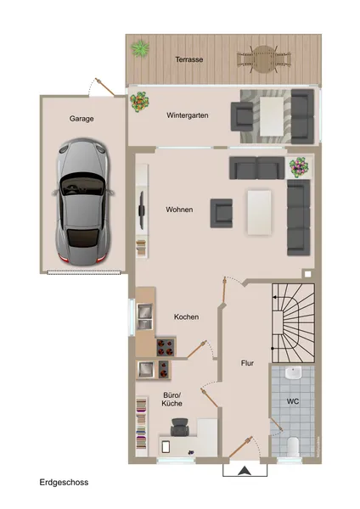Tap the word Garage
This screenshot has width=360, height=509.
(82, 119)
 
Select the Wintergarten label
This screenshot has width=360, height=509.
(188, 115)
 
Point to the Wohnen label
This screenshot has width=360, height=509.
(180, 210)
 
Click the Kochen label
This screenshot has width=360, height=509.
(186, 316)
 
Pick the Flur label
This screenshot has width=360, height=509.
(247, 363)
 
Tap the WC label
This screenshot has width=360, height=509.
(292, 401)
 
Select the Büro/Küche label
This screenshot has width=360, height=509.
(172, 400)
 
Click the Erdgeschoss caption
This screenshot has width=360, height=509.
(64, 482)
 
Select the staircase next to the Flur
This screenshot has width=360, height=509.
(294, 323)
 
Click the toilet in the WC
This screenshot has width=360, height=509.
(291, 444)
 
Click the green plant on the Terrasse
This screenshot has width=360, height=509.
(139, 49)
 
